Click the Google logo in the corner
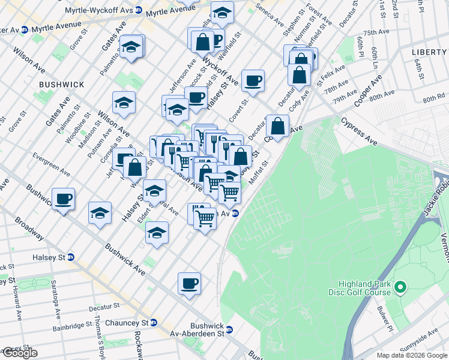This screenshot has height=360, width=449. (x=19, y=353)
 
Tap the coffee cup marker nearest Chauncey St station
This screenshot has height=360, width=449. (x=189, y=283)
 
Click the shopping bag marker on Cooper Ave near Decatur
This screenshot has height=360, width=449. (x=277, y=126)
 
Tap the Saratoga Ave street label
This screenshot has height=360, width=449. (x=56, y=305)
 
